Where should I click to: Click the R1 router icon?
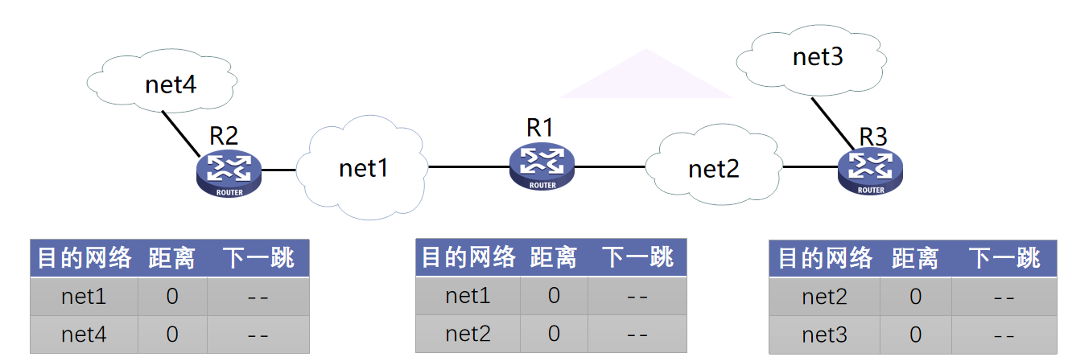[542, 167]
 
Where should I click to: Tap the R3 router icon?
[870, 170]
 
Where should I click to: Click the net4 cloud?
[170, 84]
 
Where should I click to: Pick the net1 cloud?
[364, 168]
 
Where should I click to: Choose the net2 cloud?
[713, 169]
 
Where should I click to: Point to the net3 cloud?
[817, 57]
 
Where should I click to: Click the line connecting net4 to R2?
[181, 133]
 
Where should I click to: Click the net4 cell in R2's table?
[84, 334]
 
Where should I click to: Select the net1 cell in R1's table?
[468, 296]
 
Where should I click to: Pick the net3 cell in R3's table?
[824, 334]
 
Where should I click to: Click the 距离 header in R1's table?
[553, 257]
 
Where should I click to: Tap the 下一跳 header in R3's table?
[1003, 258]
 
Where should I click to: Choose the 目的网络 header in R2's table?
[85, 258]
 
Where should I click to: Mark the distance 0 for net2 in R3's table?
[915, 297]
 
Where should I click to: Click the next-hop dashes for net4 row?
[258, 334]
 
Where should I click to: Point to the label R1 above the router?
[540, 127]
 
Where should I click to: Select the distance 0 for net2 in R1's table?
[554, 334]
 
